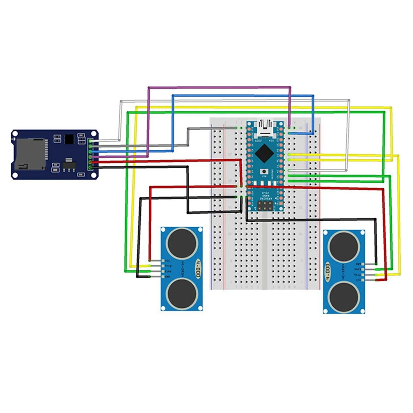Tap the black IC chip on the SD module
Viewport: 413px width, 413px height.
coord(70,139)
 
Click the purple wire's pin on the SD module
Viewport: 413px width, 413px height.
coord(91,157)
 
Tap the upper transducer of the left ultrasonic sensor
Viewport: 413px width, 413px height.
coord(182,243)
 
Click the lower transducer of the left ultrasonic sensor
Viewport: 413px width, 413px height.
coord(181,294)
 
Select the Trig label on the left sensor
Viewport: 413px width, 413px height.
coord(168,266)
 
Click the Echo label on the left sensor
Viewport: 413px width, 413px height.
coord(168,271)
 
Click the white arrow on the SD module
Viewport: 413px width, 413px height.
coord(13,139)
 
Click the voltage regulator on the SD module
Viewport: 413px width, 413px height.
coord(69,166)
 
